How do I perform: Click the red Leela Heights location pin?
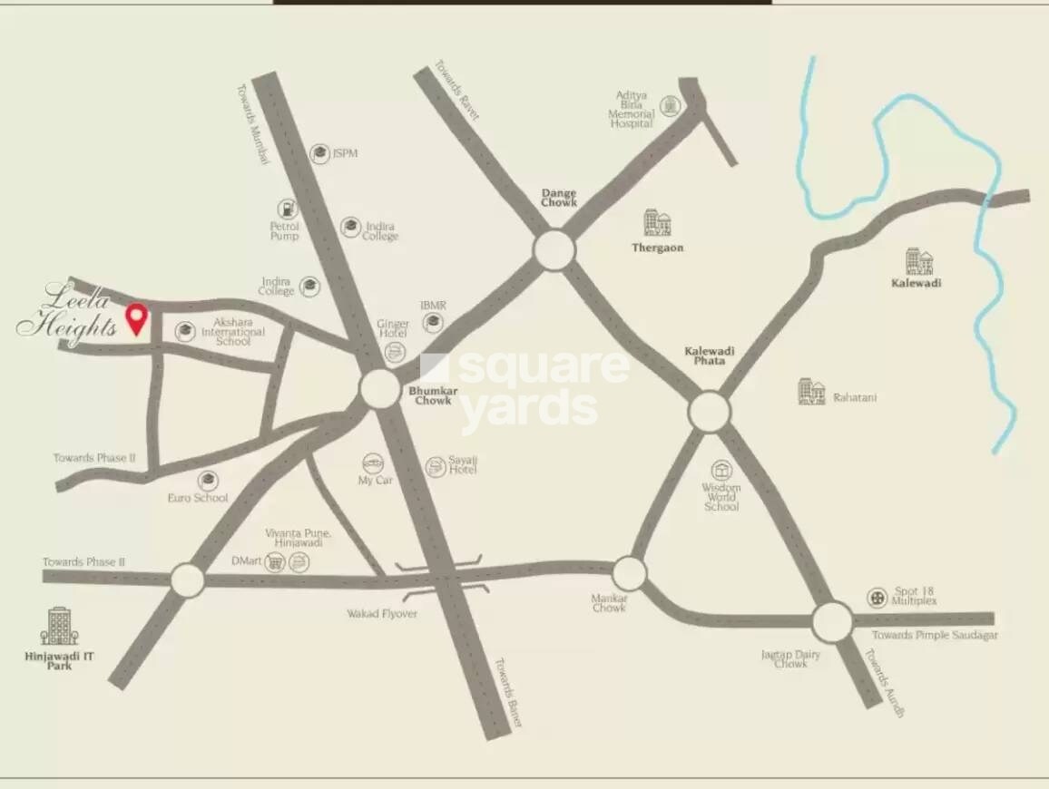point(137,317)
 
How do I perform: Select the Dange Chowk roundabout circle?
point(554,250)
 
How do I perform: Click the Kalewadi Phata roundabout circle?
point(709,412)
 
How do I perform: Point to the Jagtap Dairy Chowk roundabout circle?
point(831,622)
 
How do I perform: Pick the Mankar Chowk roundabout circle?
point(628,573)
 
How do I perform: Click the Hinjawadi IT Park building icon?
point(59,627)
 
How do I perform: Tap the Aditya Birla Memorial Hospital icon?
point(670,106)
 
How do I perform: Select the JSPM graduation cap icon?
point(319,154)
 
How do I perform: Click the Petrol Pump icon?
point(287,209)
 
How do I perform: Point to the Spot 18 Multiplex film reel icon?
point(877,597)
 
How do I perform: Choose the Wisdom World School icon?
point(721,470)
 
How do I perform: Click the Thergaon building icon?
point(657,223)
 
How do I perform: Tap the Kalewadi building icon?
point(919,261)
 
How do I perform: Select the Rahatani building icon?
point(811,392)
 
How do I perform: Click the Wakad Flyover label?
point(382,614)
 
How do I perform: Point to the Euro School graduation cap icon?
point(209,480)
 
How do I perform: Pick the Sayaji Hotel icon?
point(436,467)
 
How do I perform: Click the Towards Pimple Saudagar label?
point(935,636)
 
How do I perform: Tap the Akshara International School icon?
point(185,331)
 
